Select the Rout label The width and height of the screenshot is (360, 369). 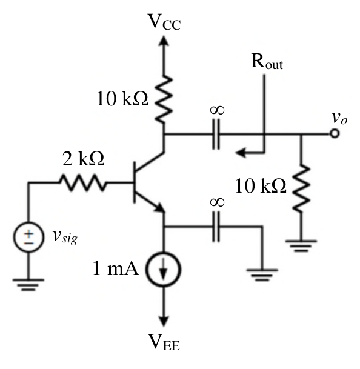[267, 62]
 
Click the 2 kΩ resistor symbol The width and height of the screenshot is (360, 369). [82, 182]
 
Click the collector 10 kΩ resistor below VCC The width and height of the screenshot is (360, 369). [164, 99]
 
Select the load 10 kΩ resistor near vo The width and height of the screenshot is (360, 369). [301, 188]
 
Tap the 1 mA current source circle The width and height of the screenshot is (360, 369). [164, 269]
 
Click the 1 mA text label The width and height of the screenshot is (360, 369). [115, 268]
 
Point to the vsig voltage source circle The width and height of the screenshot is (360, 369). [28, 238]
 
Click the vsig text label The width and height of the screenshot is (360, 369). [65, 236]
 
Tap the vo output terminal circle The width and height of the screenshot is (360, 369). [335, 134]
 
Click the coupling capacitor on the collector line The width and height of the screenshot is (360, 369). [216, 134]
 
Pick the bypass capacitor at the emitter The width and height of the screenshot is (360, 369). [216, 227]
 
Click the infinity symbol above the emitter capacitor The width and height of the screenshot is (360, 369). [217, 202]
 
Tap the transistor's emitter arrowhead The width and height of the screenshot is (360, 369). [159, 208]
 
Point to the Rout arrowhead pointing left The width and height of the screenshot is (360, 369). [241, 153]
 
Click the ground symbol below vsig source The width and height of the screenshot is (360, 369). [28, 285]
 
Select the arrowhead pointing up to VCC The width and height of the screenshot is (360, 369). [164, 41]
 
